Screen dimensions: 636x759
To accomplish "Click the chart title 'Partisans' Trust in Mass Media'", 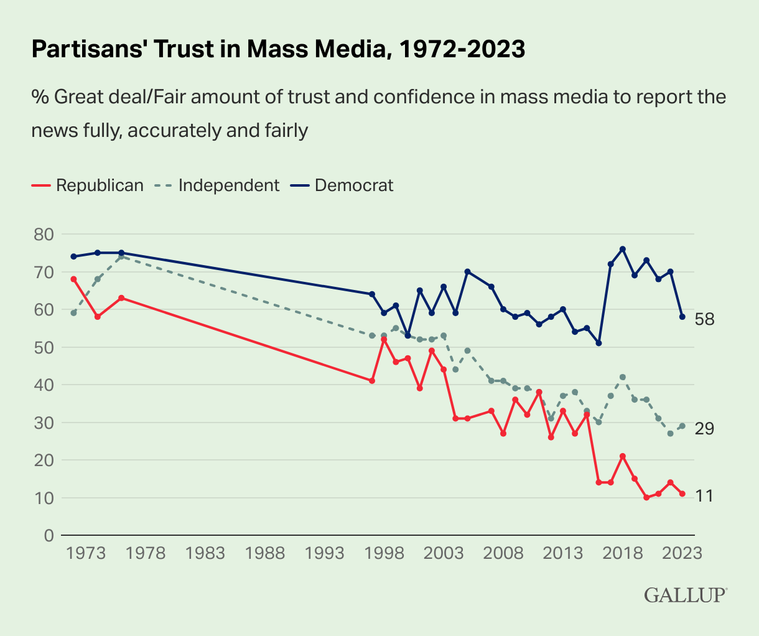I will [278, 50].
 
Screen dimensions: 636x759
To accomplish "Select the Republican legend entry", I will [88, 185].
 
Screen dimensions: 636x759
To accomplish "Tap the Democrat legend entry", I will [343, 185].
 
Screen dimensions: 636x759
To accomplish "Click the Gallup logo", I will [685, 595].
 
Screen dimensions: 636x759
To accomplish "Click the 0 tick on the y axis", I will [49, 536].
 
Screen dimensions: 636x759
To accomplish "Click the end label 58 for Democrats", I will [704, 320].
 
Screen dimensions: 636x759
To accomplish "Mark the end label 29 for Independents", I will [704, 429].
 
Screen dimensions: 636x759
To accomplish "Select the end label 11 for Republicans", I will [704, 496].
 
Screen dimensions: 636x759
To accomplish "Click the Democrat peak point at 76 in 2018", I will [623, 249].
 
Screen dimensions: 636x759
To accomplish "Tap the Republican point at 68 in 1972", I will [73, 279].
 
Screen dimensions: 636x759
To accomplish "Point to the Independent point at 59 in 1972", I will [73, 313].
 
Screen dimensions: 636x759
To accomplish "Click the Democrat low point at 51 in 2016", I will [598, 343].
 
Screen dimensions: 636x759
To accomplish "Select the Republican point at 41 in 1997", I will [372, 380].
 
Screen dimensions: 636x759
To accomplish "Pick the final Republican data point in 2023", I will [682, 493].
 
